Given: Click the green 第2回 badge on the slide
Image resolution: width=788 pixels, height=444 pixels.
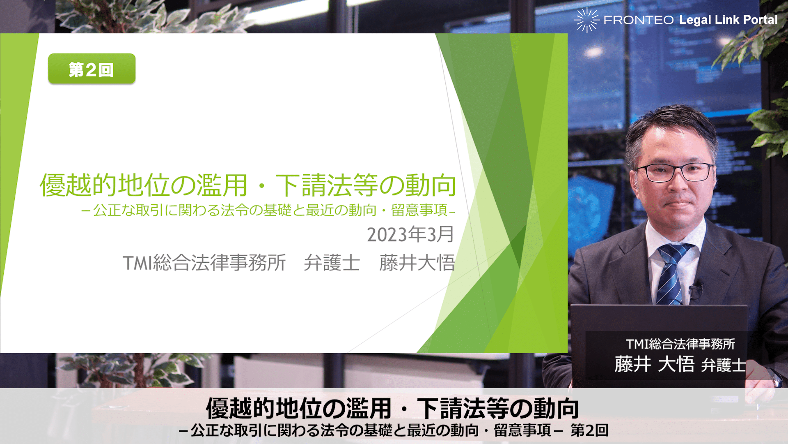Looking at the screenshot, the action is pos(92,69).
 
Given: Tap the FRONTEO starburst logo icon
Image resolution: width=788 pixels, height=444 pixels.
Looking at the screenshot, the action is pos(587,20).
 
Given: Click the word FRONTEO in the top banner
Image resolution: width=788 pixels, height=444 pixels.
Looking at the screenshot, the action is pos(639,20).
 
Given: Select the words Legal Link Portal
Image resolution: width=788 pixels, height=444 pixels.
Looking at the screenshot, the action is pos(728,20).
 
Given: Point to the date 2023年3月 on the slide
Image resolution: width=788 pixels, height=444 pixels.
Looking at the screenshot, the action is pos(410,234).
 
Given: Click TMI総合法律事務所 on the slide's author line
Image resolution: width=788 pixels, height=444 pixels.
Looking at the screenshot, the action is pos(204,263).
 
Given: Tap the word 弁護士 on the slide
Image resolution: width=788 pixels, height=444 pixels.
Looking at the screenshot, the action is pos(332,263).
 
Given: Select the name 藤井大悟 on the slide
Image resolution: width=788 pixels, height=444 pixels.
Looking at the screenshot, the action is pos(417,263).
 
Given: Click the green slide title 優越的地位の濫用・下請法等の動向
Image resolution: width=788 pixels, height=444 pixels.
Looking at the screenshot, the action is pos(248,185).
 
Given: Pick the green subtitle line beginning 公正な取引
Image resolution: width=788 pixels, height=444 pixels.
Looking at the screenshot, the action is pos(268,210).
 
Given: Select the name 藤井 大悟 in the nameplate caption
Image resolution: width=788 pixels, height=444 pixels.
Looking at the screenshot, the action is pos(654,364).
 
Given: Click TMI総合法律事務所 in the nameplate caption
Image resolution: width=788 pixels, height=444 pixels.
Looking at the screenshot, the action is pos(680,344).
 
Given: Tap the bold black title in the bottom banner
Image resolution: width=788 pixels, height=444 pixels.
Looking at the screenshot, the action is pos(392,408).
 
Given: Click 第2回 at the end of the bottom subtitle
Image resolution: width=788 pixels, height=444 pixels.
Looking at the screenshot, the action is pos(589,430).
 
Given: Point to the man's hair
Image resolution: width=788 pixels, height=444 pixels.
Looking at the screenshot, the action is pos(670,125).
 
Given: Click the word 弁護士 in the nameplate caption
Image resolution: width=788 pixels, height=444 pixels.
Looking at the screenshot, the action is pos(723,365).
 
